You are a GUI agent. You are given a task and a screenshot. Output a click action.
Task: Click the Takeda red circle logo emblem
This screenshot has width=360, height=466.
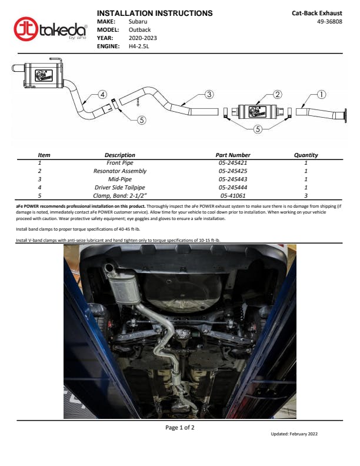[x=26, y=29]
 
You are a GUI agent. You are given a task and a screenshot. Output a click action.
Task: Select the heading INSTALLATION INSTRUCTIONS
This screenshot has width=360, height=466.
[x=155, y=13]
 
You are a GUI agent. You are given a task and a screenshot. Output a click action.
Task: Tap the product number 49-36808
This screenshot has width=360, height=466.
[x=329, y=21]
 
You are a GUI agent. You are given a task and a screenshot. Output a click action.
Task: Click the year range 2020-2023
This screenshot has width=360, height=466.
[x=142, y=38]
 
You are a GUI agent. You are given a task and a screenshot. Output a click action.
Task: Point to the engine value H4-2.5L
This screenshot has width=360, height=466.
[x=139, y=46]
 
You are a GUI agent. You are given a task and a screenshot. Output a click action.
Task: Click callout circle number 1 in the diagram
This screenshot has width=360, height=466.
[x=321, y=95]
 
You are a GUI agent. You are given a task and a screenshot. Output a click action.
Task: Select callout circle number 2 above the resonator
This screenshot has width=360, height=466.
[x=277, y=95]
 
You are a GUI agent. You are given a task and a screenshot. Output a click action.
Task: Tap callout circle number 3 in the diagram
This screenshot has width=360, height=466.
[x=209, y=95]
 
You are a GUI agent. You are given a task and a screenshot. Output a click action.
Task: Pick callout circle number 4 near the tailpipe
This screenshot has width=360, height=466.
[x=102, y=95]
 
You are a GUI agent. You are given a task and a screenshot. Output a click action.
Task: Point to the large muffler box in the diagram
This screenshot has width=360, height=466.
[x=44, y=75]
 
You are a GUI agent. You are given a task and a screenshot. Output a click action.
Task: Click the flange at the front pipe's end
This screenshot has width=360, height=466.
[x=345, y=115]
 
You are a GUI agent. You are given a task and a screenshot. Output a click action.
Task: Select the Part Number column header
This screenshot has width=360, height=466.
[x=233, y=155]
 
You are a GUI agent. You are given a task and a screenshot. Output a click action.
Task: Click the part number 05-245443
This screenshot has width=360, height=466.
[x=233, y=179]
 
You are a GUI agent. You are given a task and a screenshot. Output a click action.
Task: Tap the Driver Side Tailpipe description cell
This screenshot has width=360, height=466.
[x=119, y=188]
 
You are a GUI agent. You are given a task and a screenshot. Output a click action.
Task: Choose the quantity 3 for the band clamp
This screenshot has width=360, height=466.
[x=306, y=195]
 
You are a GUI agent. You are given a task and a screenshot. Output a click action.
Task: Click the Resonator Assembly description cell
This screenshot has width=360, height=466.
[x=119, y=171]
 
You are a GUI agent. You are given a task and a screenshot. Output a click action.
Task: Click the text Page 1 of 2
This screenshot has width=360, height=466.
[x=179, y=428]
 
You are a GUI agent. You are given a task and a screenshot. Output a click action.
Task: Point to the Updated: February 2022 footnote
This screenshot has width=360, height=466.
[x=294, y=434]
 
